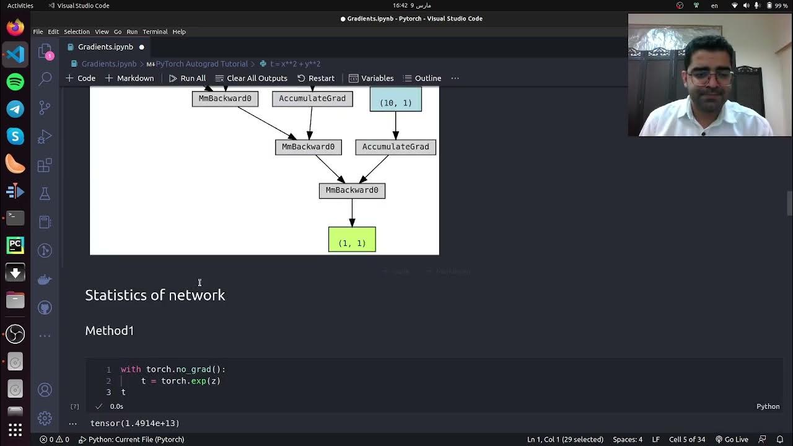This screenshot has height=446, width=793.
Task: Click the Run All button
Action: tap(187, 78)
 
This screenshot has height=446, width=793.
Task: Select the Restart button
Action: tap(316, 78)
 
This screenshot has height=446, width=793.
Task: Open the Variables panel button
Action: tap(371, 78)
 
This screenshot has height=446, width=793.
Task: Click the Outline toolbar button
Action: tap(422, 78)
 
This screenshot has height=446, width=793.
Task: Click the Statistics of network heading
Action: tap(155, 295)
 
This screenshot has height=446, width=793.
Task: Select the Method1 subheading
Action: tap(110, 331)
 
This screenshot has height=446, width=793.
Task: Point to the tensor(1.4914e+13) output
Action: tap(135, 423)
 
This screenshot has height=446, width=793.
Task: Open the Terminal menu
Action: tap(155, 32)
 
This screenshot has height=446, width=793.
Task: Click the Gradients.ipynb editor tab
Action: tap(105, 47)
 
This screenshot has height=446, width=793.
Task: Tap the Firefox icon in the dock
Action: tap(15, 27)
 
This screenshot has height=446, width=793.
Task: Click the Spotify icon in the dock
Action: tap(15, 82)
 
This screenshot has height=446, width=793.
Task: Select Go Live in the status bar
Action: tap(732, 439)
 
